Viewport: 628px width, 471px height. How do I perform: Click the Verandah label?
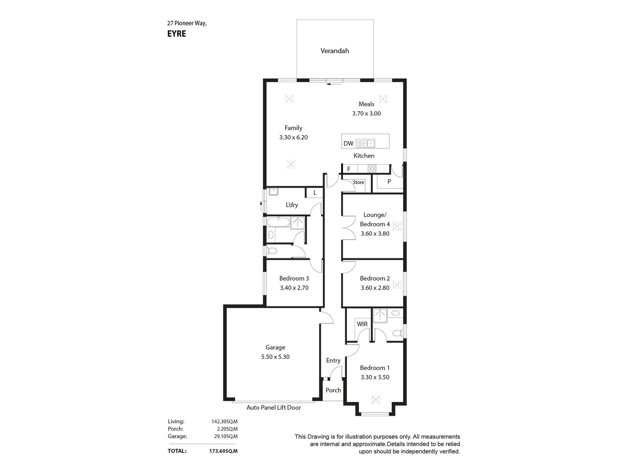(x=335, y=51)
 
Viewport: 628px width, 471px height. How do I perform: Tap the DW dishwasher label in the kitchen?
(x=348, y=143)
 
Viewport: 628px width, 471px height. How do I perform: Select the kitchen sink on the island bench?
(x=366, y=143)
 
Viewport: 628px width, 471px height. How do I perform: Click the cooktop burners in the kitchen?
(x=372, y=169)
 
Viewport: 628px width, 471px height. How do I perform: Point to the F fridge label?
(x=349, y=169)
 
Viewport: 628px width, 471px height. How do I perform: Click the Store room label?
(x=358, y=182)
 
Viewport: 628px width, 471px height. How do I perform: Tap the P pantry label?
(x=389, y=181)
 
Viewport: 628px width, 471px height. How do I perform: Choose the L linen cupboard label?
(x=315, y=193)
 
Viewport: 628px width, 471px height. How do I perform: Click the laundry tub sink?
(x=273, y=191)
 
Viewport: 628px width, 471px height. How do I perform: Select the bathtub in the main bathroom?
(x=278, y=222)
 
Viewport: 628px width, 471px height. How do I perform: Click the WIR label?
(x=362, y=324)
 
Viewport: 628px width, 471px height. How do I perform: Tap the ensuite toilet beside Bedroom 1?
(x=398, y=333)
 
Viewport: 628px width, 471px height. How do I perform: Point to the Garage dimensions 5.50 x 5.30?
(x=275, y=357)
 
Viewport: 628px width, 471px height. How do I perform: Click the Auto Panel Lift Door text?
(x=273, y=408)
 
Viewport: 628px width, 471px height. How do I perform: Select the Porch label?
(x=333, y=390)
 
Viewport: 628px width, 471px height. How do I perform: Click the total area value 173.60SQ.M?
(x=223, y=451)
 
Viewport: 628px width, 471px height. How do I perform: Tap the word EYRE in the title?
(x=176, y=34)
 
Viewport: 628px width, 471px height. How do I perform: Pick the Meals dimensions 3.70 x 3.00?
(x=366, y=114)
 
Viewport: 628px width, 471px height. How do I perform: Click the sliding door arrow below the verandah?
(x=334, y=84)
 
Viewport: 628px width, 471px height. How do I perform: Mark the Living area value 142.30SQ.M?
(x=225, y=422)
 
